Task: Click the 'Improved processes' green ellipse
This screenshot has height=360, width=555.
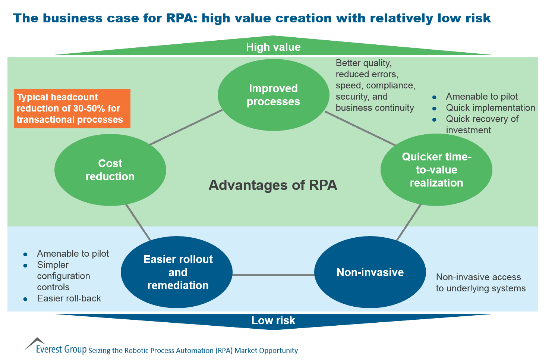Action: (x=273, y=95)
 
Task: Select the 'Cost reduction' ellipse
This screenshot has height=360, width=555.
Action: (x=110, y=170)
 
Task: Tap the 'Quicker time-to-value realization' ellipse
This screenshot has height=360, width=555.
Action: (x=436, y=170)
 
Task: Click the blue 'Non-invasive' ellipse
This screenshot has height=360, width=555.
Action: (x=370, y=272)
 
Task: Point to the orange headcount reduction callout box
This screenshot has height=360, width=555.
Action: (x=72, y=109)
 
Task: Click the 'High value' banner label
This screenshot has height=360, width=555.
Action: (x=273, y=47)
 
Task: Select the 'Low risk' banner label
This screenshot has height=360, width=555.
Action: (x=273, y=320)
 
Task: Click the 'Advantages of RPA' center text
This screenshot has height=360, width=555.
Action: (x=273, y=185)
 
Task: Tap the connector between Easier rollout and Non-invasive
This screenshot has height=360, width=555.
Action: (x=273, y=275)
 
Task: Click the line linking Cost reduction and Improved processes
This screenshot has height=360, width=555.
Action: (x=186, y=127)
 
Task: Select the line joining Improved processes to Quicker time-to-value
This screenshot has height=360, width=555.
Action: (x=360, y=129)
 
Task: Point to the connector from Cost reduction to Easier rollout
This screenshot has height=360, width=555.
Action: (x=138, y=222)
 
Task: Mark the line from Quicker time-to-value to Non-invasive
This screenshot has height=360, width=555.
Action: (x=409, y=222)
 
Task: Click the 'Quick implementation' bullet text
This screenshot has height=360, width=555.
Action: (x=490, y=108)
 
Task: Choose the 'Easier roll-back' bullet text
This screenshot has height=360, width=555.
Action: (x=69, y=298)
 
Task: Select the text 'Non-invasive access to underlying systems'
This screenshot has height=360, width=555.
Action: (x=480, y=283)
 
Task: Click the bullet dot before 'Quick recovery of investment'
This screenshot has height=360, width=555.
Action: (x=434, y=120)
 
